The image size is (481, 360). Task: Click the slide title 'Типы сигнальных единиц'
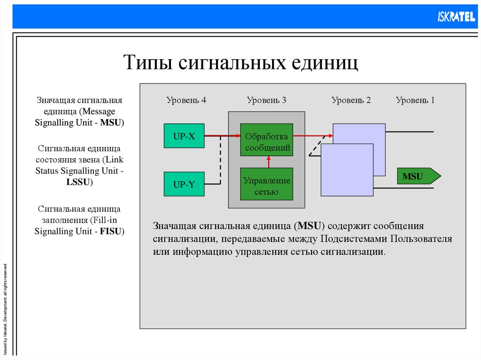[x=240, y=62]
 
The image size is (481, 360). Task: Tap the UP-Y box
[x=184, y=184]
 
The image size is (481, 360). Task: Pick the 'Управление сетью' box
[x=266, y=184]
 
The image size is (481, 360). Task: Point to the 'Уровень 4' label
[x=186, y=100]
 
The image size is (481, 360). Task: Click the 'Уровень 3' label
[x=266, y=100]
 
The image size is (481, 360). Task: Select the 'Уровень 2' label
[x=351, y=100]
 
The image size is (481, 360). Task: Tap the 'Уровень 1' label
[x=415, y=100]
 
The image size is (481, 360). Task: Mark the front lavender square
[x=347, y=170]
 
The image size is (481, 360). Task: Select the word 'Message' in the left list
[x=99, y=112]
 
